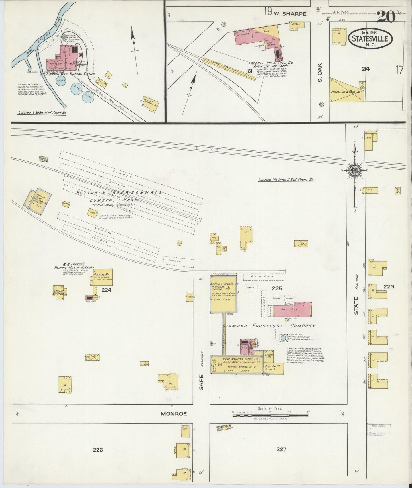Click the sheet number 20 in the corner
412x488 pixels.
coord(386,17)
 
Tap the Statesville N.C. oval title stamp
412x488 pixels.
coord(370,38)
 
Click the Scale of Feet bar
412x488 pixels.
coord(270,415)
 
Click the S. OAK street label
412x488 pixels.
coord(320,76)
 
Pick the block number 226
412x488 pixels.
coord(98,450)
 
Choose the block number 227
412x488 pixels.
coord(281,449)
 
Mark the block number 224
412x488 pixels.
coord(106,290)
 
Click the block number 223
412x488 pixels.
coord(389,286)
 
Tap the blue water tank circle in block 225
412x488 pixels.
coord(283,338)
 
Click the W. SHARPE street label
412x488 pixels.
coord(290,13)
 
